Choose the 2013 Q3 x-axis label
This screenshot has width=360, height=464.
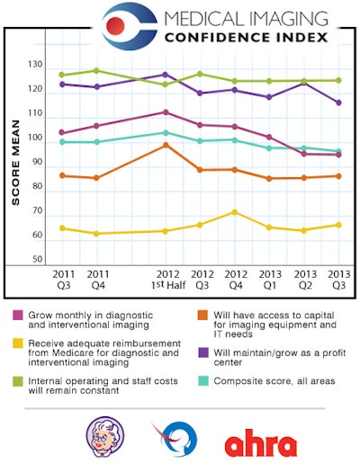point(337,280)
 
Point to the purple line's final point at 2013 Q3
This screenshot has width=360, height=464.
point(338,103)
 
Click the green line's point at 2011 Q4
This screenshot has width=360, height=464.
point(96,70)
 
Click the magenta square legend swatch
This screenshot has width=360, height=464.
point(17,316)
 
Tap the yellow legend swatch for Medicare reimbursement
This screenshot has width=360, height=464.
point(17,343)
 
